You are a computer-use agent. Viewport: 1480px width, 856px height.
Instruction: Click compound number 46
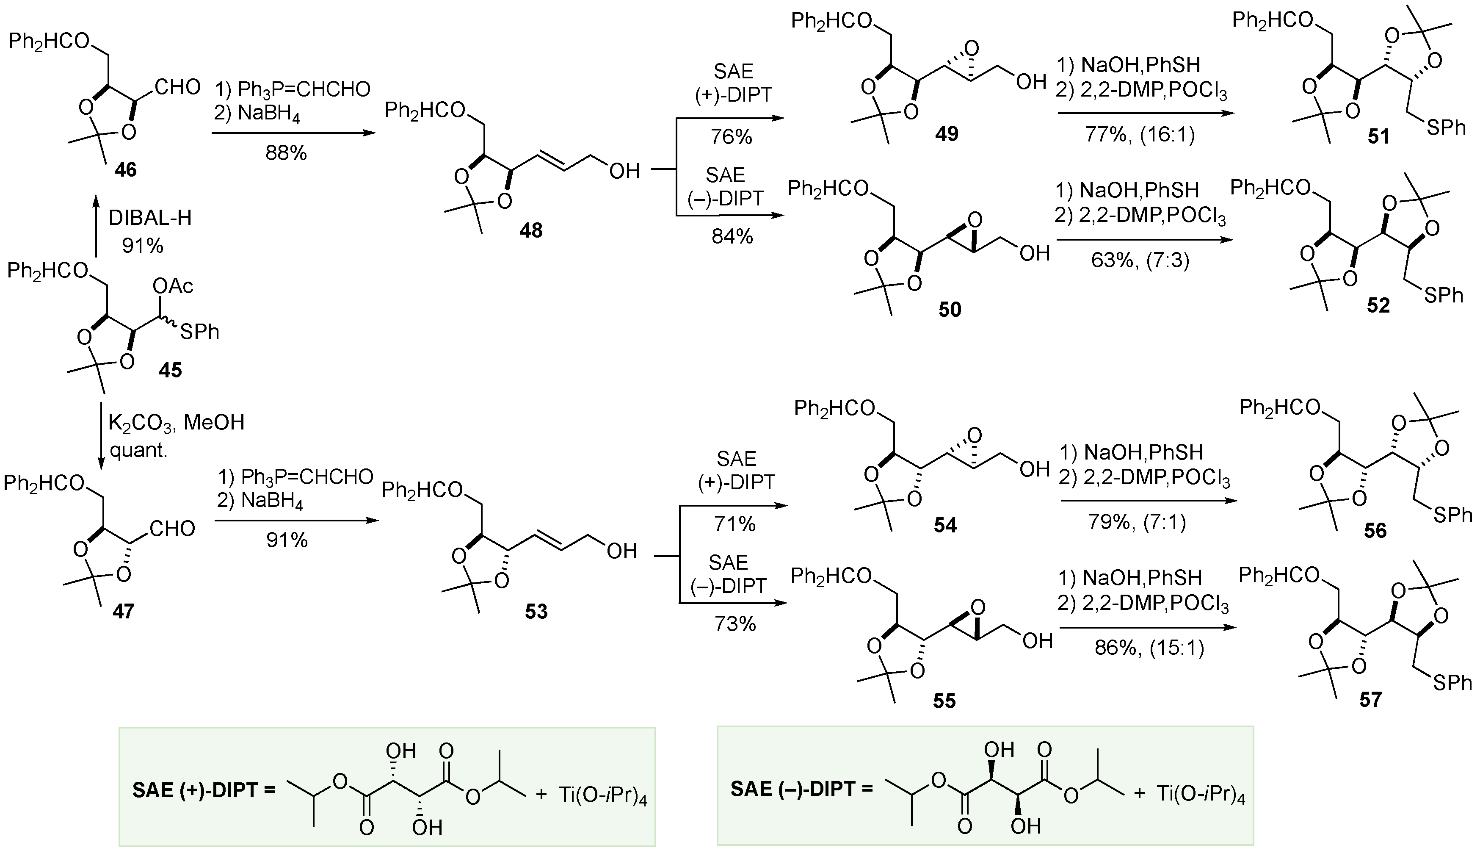pyautogui.click(x=126, y=170)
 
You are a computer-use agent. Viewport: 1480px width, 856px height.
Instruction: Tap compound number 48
pyautogui.click(x=530, y=230)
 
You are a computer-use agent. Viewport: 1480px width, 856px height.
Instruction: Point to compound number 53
pyautogui.click(x=536, y=612)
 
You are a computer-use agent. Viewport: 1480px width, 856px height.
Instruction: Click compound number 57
pyautogui.click(x=1370, y=700)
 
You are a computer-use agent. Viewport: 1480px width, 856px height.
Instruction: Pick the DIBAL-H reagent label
pyautogui.click(x=150, y=219)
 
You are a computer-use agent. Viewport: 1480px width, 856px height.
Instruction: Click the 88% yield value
pyautogui.click(x=286, y=153)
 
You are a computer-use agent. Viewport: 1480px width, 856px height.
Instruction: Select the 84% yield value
pyautogui.click(x=732, y=236)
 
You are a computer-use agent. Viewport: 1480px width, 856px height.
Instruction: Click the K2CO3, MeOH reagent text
pyautogui.click(x=176, y=422)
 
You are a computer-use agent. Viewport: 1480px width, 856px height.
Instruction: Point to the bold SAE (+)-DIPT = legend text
pyautogui.click(x=204, y=790)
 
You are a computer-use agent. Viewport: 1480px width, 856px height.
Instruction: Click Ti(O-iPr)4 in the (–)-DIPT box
pyautogui.click(x=1201, y=794)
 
